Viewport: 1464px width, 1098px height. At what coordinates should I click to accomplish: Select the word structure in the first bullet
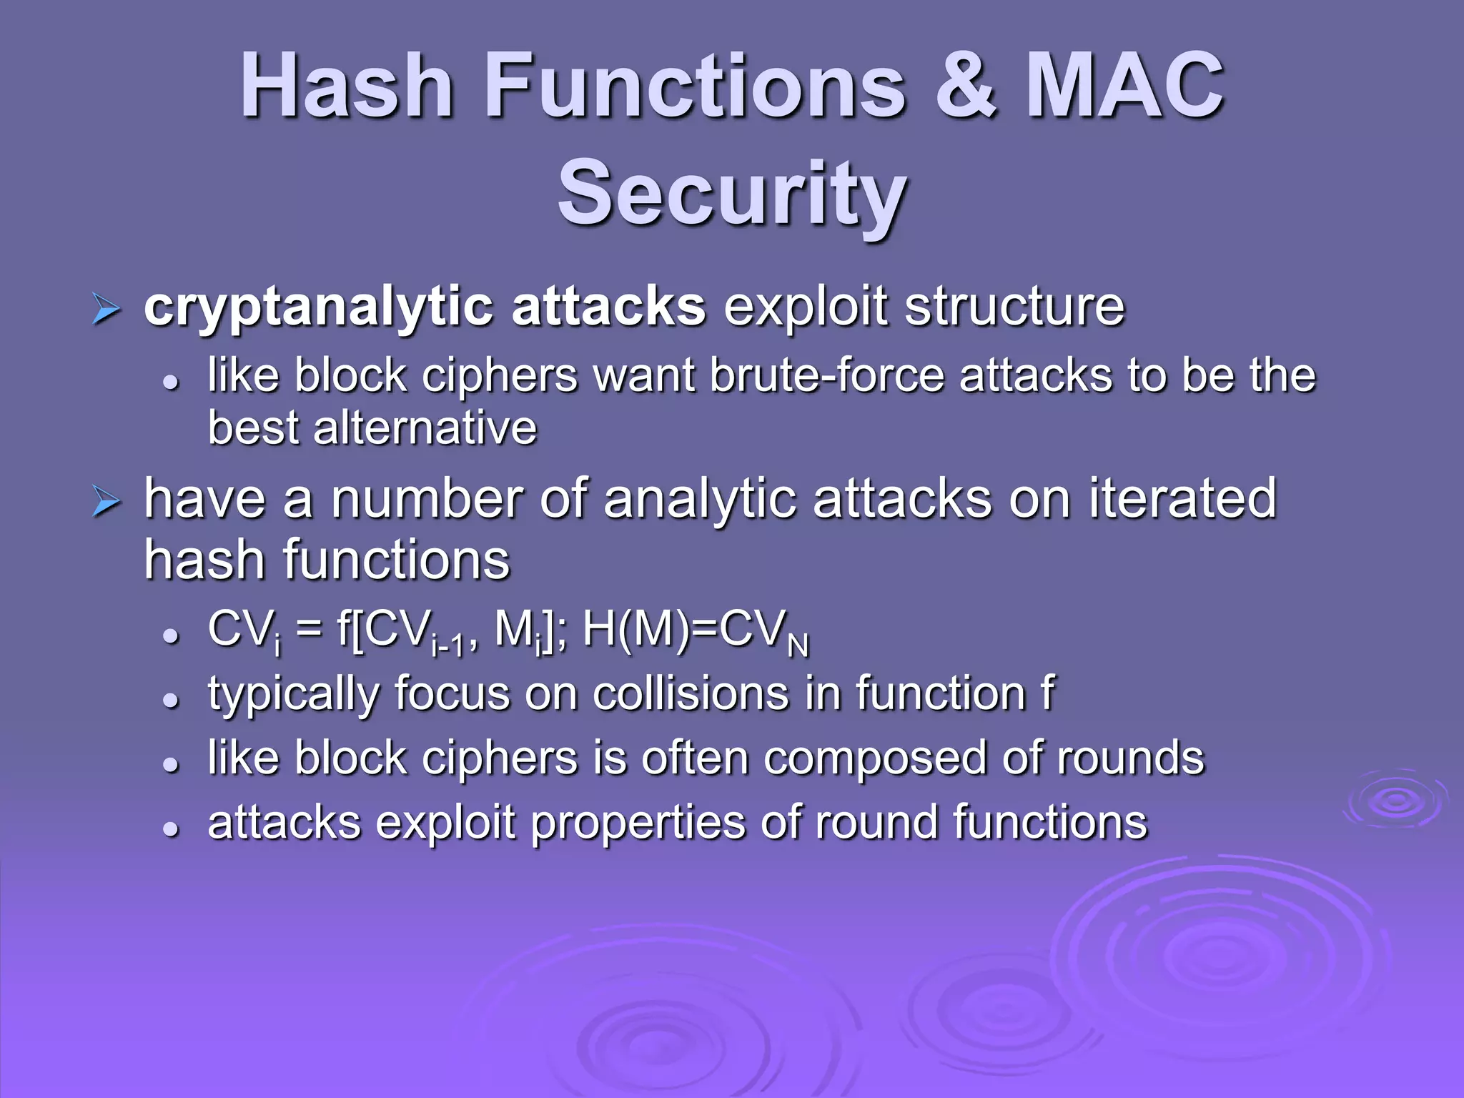point(1014,307)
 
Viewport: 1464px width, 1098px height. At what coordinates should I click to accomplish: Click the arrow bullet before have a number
point(107,503)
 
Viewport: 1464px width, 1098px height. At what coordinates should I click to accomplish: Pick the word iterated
point(1182,498)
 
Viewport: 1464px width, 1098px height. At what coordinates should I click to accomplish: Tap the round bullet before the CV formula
point(170,635)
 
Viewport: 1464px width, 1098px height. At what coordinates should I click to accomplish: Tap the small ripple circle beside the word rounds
point(1395,801)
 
